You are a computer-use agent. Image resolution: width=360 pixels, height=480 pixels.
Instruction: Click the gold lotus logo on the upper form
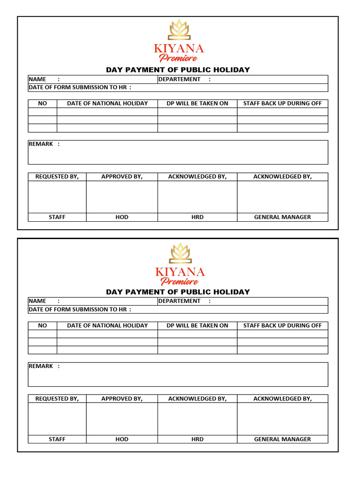[x=179, y=30]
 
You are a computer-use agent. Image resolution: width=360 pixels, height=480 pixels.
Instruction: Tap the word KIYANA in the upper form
[x=179, y=48]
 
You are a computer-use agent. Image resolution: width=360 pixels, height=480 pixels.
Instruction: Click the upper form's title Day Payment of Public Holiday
[x=178, y=70]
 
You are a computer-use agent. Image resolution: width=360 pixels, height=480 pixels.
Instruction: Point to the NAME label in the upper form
[x=37, y=79]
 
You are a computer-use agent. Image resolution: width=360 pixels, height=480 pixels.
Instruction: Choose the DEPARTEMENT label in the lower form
[x=179, y=301]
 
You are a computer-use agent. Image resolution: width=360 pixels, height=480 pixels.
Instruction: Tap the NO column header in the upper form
[x=43, y=103]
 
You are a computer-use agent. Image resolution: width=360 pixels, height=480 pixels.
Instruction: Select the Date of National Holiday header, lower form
[x=107, y=325]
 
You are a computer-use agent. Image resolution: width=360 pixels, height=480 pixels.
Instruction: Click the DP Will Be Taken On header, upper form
[x=197, y=103]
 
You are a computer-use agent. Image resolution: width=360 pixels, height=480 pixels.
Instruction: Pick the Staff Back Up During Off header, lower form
[x=282, y=325]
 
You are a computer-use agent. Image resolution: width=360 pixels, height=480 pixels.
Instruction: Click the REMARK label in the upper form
[x=41, y=144]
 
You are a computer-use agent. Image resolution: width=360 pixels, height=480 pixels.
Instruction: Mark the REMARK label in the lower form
[x=41, y=366]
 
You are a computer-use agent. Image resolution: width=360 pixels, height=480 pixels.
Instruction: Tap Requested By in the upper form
[x=57, y=177]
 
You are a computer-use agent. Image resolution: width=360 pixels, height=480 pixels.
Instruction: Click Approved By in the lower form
[x=122, y=398]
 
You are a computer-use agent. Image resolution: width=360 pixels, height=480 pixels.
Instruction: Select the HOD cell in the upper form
[x=122, y=217]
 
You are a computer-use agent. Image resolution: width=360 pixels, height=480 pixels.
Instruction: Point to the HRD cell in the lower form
[x=197, y=439]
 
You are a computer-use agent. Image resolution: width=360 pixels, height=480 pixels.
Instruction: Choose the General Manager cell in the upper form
[x=282, y=217]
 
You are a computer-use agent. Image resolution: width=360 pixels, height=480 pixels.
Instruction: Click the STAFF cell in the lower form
[x=57, y=439]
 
